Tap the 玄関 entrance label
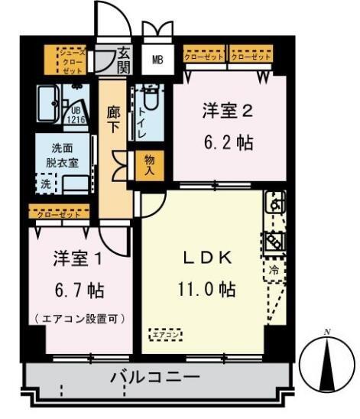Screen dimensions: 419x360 (x=123, y=60)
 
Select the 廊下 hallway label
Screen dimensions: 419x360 (x=114, y=119)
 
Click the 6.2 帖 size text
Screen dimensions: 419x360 (x=227, y=142)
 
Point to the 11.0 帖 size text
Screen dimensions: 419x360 (x=202, y=290)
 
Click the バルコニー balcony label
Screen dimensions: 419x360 (x=154, y=377)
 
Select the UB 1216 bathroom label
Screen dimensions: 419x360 (x=76, y=115)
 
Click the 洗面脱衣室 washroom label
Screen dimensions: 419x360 (x=62, y=155)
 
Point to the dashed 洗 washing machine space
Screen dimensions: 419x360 (x=47, y=184)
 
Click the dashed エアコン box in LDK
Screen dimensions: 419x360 (x=165, y=334)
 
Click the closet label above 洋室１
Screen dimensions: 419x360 (x=58, y=214)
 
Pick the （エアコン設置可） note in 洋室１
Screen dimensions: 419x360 (x=79, y=317)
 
